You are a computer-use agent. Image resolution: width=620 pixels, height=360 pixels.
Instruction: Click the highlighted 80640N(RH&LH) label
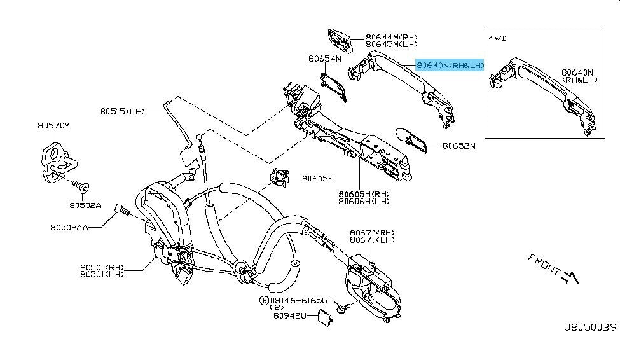450,65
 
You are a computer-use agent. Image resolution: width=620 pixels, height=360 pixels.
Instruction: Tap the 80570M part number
54,126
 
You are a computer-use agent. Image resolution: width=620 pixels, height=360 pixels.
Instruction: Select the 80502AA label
69,228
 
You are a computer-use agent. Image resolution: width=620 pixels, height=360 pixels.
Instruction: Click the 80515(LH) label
123,111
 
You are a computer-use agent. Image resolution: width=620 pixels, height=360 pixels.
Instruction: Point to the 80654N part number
325,59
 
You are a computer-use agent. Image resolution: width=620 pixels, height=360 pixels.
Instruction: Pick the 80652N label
459,146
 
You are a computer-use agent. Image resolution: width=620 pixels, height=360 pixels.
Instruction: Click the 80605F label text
317,179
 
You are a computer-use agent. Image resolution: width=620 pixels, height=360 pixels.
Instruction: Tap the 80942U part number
290,315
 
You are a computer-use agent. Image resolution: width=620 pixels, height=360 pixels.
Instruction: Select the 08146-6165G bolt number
299,301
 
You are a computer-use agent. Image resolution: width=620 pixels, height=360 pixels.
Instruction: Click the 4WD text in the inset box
497,38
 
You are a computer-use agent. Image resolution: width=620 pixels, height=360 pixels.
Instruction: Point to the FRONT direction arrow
571,278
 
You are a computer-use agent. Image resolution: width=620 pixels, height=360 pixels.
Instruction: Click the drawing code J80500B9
590,328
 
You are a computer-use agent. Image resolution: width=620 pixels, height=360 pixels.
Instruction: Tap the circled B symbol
264,301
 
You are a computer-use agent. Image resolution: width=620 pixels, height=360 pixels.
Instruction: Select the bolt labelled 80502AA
122,210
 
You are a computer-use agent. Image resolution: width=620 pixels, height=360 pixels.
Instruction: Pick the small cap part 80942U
324,318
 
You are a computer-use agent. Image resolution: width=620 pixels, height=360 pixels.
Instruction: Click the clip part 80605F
279,177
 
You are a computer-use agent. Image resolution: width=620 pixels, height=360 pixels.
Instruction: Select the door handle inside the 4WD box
544,94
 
